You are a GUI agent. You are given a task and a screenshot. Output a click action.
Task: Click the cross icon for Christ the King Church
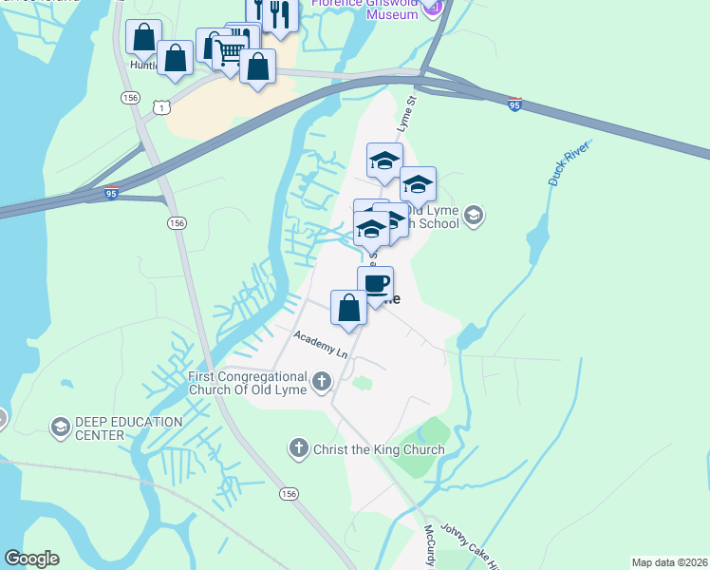[299, 447]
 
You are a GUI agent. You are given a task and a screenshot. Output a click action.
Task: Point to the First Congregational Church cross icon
[322, 382]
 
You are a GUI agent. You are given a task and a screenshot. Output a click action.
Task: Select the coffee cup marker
[376, 284]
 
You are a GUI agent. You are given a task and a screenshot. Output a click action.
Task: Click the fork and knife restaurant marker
[280, 13]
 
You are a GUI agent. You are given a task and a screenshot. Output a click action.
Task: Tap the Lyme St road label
[407, 113]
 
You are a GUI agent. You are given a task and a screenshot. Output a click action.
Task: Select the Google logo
[32, 559]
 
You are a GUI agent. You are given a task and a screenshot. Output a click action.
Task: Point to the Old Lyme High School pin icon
[475, 217]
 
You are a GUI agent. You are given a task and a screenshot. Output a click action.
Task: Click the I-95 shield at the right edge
[514, 101]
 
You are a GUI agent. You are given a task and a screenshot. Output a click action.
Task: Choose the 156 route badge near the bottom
[289, 494]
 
